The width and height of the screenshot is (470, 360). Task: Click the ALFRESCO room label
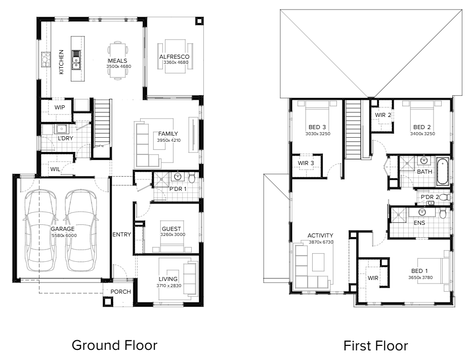tap(174, 57)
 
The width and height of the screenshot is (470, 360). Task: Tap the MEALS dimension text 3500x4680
tap(118, 66)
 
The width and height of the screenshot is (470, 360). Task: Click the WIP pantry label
tap(60, 107)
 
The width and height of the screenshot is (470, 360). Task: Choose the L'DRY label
tap(64, 138)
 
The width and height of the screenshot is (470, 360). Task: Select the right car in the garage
tap(80, 230)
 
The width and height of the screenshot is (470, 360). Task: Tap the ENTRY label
tap(121, 234)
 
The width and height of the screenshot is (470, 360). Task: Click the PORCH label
tap(120, 292)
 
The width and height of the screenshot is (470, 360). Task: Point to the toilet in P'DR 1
tap(192, 178)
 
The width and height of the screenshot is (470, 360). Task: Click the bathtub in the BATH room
tap(442, 172)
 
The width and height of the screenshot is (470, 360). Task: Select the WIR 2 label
tap(382, 115)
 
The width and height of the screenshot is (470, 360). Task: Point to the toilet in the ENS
tap(443, 214)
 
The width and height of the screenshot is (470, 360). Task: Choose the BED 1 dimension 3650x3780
tap(421, 277)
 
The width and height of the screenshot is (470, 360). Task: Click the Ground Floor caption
tap(114, 345)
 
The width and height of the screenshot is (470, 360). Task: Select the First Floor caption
tap(375, 346)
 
